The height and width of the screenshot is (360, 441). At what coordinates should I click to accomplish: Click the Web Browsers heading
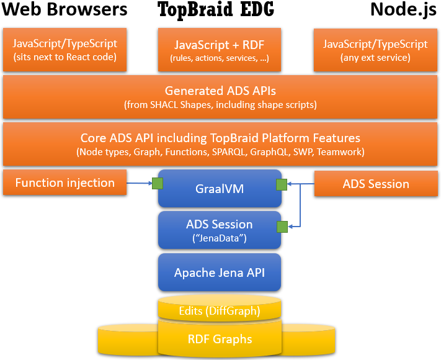65,10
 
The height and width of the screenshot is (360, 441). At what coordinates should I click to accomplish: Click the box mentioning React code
65,50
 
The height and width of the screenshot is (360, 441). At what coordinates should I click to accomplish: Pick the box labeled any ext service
375,50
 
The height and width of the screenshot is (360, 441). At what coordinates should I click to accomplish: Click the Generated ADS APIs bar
220,96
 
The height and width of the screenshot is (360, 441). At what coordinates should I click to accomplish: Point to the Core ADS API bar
220,143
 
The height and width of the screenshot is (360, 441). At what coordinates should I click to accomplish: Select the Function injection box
65,183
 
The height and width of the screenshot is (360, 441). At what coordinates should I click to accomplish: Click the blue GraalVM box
220,188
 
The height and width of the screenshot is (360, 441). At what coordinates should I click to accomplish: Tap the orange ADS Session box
375,184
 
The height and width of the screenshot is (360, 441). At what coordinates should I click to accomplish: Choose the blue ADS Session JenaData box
220,229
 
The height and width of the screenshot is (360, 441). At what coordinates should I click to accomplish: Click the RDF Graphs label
220,339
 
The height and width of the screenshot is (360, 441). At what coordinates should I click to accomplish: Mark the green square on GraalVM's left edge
158,183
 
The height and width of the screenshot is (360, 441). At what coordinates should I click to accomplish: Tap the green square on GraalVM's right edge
282,184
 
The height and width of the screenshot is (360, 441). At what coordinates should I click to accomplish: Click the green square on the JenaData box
282,226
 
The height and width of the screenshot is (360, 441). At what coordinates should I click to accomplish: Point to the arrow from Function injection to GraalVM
139,183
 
